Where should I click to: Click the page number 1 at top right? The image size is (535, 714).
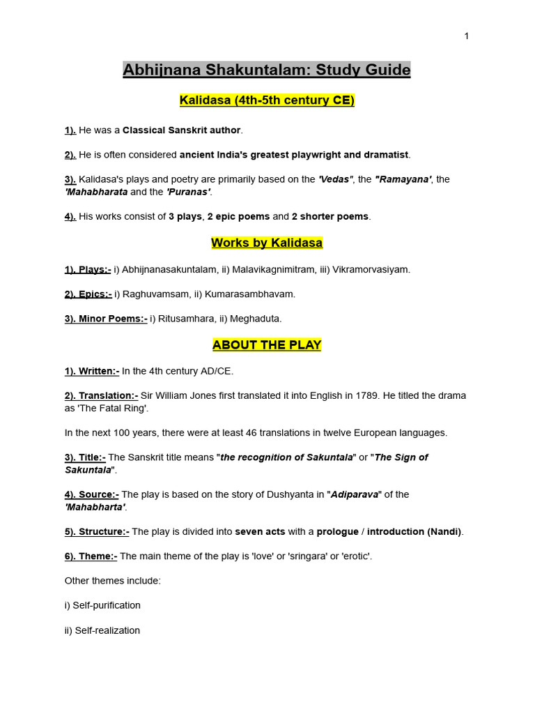(466, 36)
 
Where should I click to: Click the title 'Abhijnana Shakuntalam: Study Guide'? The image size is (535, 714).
(267, 70)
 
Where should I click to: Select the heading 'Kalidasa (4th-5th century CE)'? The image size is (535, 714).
(267, 100)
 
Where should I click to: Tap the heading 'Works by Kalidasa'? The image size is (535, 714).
(267, 243)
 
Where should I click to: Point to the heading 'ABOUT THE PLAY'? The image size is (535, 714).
(267, 345)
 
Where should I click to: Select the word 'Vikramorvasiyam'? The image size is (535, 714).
(369, 269)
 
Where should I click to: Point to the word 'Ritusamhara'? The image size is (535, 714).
(184, 319)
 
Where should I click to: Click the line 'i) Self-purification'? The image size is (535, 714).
(102, 605)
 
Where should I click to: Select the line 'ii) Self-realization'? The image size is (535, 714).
(102, 630)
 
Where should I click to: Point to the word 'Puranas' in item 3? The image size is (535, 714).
(187, 191)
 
